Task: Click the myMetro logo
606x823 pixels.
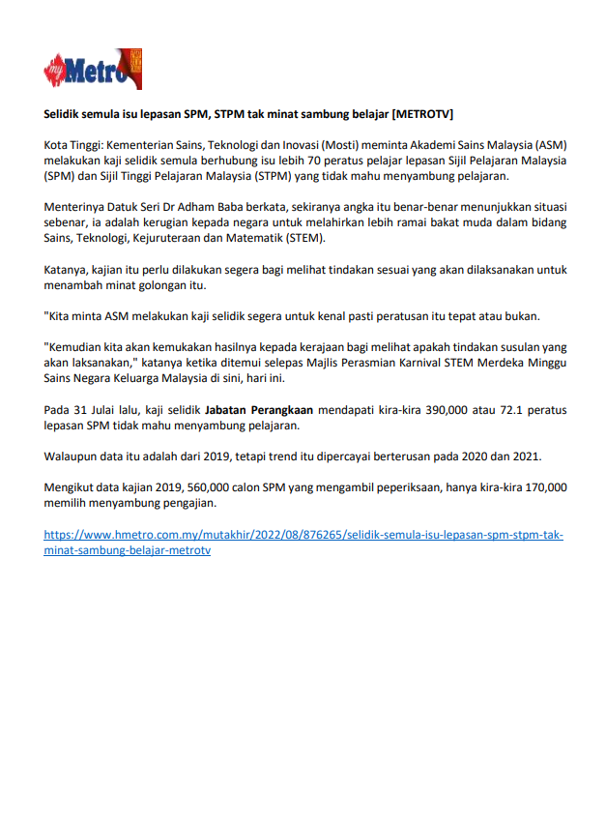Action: pos(93,71)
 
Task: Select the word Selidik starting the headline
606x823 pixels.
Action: pos(67,113)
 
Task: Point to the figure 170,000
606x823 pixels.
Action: pos(539,487)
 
